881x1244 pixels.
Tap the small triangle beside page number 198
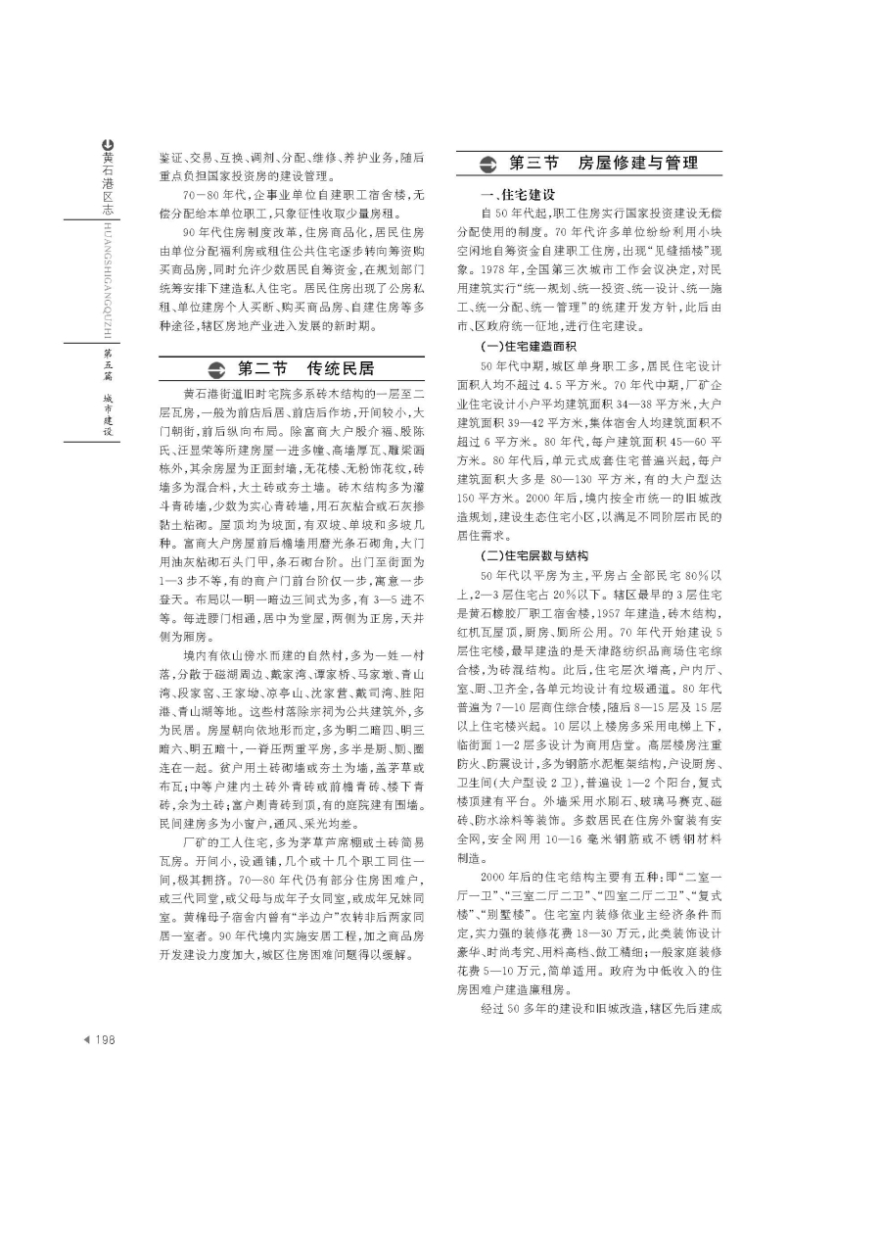pos(86,1040)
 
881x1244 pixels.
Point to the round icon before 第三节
pos(487,165)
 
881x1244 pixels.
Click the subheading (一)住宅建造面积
pos(529,347)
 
